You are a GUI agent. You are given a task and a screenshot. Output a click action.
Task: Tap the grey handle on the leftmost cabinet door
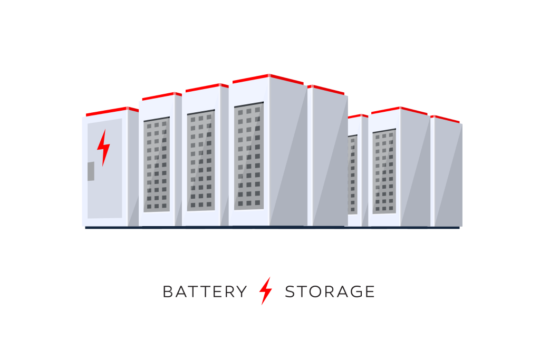point(91,171)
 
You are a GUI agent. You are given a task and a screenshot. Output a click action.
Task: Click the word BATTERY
point(205,292)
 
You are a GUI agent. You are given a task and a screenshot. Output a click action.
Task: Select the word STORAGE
point(330,292)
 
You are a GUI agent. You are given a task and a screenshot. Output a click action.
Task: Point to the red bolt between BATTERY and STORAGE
point(266,291)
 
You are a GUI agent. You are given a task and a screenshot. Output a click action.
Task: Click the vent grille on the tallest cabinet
point(249,156)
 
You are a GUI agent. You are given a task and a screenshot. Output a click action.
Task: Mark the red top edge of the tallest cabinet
point(268,79)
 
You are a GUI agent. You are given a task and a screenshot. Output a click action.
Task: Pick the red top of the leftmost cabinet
point(112,111)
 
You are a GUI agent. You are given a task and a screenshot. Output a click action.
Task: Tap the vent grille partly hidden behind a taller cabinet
point(353,175)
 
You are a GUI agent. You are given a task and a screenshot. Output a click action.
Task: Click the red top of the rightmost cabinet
point(445,119)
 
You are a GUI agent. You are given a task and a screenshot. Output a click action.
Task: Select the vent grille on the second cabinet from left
point(157,164)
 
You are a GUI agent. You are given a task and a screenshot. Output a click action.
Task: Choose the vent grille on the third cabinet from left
point(201,160)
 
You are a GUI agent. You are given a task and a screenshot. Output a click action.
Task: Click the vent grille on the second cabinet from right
point(384,171)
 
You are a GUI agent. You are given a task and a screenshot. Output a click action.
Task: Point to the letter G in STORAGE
point(355,292)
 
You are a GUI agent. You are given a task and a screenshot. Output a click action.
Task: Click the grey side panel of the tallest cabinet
point(288,151)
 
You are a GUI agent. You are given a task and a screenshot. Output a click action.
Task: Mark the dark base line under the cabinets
point(272,228)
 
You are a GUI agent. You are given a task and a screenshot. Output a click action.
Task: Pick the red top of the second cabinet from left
point(162,96)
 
